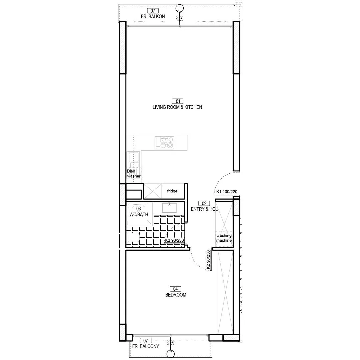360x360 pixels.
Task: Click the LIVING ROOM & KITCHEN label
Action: pos(177,107)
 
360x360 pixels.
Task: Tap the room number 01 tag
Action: pos(178,101)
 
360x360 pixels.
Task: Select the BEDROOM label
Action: pos(176,295)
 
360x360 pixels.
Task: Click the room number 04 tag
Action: pos(175,289)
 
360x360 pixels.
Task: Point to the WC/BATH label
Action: pos(139,215)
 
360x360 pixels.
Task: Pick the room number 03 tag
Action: pos(139,209)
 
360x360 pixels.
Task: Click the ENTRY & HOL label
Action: pos(204,209)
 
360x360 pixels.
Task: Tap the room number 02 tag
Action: pos(204,203)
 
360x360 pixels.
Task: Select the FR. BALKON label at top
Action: pos(153,17)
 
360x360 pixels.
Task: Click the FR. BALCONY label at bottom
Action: pos(146,346)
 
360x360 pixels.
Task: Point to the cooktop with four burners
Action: pos(164,142)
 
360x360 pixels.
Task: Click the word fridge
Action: pos(172,191)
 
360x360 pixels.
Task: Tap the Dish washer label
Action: pos(134,174)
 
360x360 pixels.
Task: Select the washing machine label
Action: pos(224,238)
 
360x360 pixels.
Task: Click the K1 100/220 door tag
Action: pos(227,192)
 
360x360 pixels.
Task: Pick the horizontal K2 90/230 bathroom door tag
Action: pos(174,240)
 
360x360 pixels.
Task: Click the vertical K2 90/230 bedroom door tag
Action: pos(208,260)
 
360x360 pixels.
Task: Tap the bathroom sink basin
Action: pos(169,208)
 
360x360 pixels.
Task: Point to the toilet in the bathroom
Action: pos(133,237)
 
